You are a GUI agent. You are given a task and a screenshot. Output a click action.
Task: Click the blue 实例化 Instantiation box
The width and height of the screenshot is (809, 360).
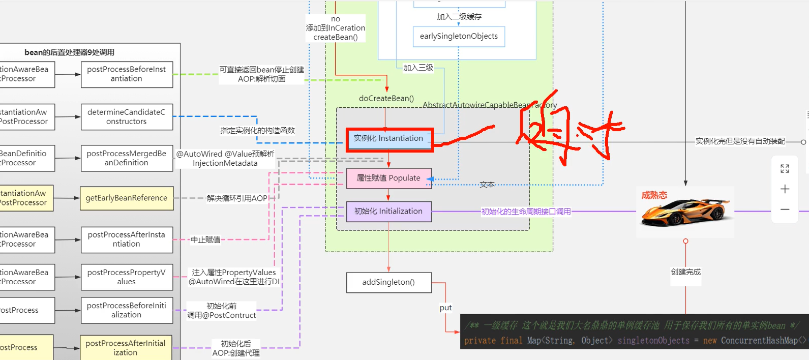coord(389,139)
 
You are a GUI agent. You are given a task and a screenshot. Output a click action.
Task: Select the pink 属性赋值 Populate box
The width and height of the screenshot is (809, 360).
coord(388,178)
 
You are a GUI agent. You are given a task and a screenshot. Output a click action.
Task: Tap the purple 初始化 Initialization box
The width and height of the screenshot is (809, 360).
coord(388,212)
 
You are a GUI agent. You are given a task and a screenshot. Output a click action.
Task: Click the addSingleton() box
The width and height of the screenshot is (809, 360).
coord(388,282)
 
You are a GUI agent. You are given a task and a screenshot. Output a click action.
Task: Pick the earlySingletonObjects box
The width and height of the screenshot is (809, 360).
coord(459,37)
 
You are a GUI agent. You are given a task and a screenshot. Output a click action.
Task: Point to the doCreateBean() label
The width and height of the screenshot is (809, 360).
coord(386,98)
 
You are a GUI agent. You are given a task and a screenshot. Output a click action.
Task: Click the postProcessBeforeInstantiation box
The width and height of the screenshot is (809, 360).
coord(127,74)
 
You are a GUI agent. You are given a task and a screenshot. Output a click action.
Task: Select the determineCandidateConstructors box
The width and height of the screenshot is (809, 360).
coord(127,117)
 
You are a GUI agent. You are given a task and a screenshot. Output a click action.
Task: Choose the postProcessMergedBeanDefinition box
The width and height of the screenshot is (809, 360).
coord(127,158)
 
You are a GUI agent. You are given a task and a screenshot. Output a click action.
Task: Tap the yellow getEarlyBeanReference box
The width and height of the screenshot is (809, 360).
coord(127,198)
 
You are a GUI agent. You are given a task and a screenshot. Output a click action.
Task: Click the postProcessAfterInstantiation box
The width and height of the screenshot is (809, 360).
coord(127,239)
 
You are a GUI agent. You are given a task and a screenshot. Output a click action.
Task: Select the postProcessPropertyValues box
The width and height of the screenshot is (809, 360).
coord(127,277)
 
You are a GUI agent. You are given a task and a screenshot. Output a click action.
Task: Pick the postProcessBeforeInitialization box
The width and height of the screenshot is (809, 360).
coord(127,310)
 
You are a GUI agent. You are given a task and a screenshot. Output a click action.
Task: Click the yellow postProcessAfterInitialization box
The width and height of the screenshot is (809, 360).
coord(126,348)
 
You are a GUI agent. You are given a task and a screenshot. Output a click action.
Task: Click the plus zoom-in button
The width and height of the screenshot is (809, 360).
coord(785,189)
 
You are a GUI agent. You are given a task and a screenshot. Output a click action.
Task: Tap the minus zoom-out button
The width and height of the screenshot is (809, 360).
coord(785,209)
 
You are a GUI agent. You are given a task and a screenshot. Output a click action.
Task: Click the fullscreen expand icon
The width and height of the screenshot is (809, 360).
coord(785,169)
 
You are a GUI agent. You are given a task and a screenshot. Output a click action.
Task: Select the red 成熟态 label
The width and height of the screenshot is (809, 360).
coord(654,195)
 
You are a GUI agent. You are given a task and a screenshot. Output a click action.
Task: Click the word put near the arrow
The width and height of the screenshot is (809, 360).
coord(445,308)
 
